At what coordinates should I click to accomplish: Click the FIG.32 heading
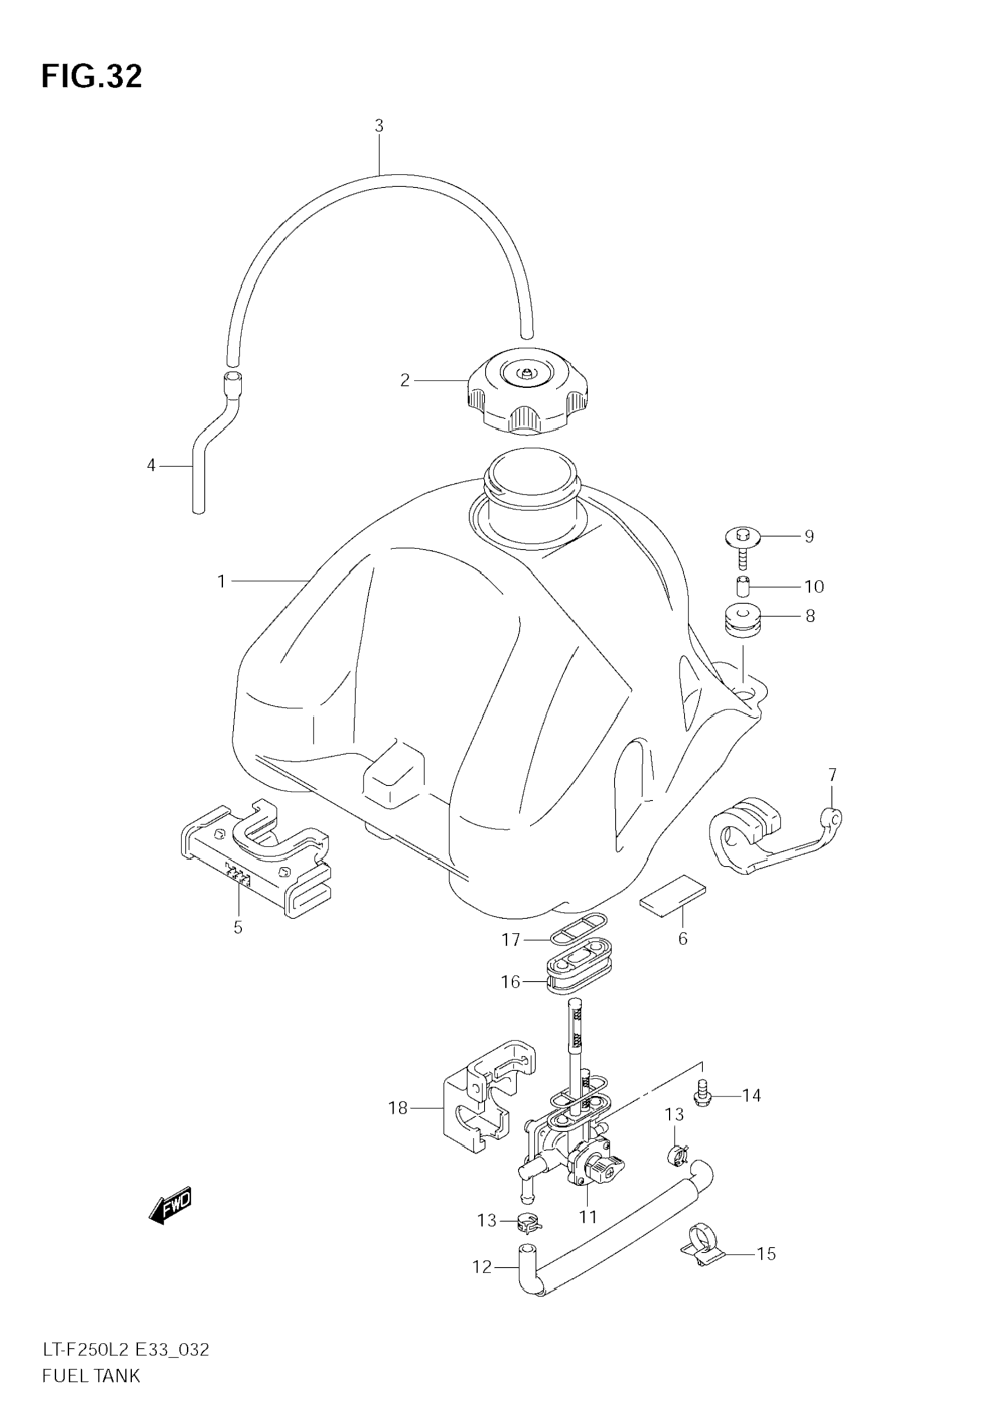pyautogui.click(x=92, y=77)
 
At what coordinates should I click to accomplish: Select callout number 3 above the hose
pyautogui.click(x=379, y=126)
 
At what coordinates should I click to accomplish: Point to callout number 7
pyautogui.click(x=833, y=774)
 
